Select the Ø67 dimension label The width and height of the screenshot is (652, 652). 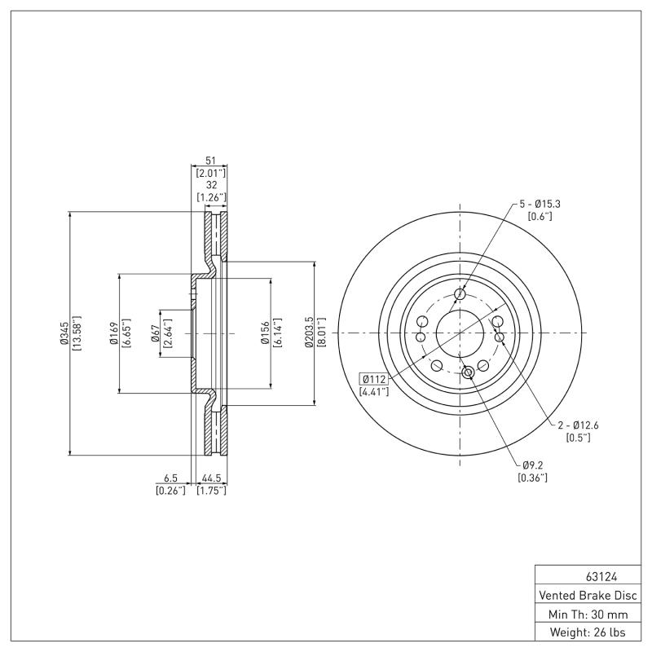point(154,333)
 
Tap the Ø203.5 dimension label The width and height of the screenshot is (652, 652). point(309,333)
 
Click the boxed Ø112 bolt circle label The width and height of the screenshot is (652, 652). point(374,379)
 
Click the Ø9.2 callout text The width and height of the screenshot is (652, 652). point(532,465)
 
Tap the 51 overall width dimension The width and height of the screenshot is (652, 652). point(210,161)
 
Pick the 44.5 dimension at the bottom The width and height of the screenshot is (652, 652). point(210,478)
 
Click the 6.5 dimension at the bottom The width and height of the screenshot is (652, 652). point(170,478)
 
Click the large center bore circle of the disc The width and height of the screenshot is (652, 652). point(460,333)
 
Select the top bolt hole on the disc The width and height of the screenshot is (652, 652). point(460,294)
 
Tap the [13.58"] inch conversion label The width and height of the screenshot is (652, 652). point(77,333)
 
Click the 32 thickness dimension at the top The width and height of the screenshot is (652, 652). point(210,185)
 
